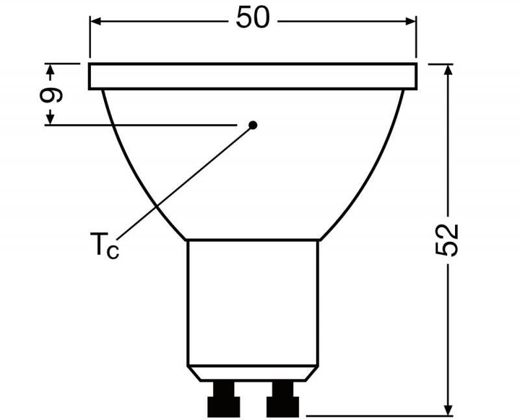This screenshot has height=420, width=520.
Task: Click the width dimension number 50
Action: (252, 19)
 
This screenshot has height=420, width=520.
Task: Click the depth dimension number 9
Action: (51, 95)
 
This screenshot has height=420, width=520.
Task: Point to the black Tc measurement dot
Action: (253, 125)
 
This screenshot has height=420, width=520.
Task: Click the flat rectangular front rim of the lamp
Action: (252, 76)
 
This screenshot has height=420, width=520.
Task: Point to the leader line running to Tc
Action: (188, 182)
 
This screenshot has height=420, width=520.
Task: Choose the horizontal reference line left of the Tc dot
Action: (143, 125)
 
